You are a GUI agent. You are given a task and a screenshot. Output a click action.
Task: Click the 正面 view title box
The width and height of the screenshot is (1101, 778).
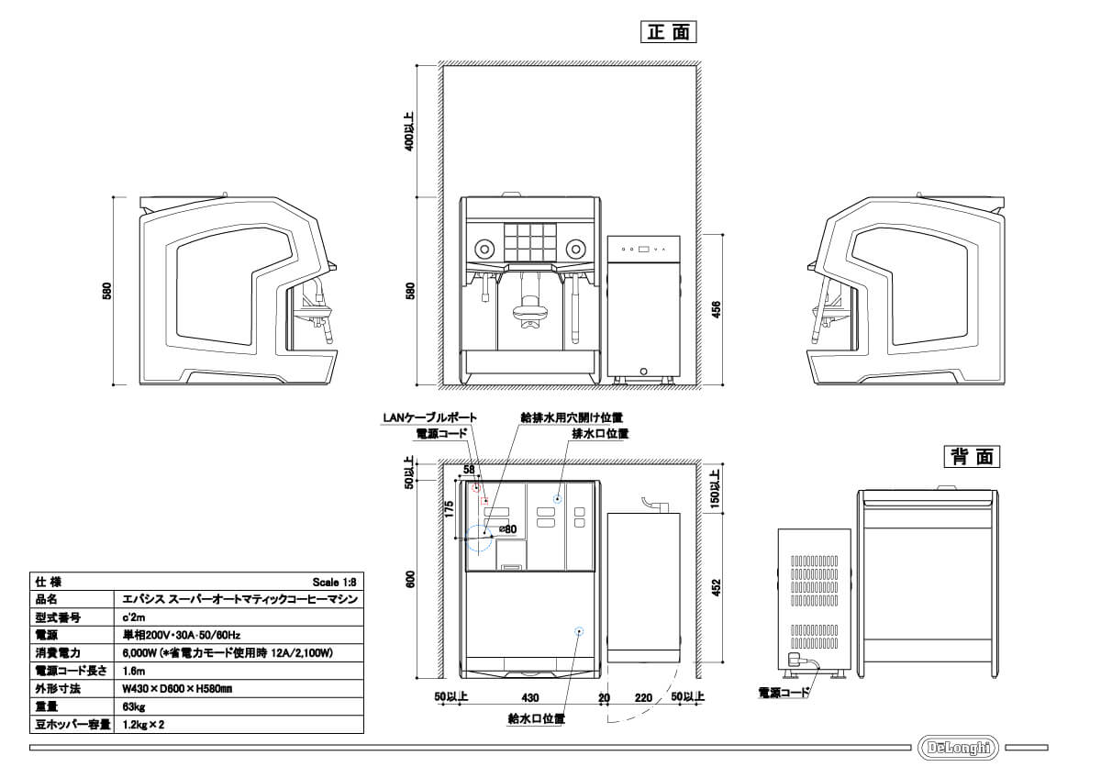coord(668,32)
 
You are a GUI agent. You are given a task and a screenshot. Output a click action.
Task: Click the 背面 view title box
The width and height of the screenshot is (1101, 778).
coord(972,457)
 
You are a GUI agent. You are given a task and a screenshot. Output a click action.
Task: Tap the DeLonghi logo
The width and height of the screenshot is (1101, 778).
coord(958,748)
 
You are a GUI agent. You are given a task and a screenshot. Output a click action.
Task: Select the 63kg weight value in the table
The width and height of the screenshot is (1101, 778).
coord(134,706)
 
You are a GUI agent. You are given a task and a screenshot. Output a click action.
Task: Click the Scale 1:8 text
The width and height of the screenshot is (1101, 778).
coord(334,583)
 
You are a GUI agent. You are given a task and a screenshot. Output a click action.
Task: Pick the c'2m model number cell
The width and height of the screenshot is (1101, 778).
coord(134,617)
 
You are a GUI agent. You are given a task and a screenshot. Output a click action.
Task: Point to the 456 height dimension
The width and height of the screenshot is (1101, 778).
coord(717,309)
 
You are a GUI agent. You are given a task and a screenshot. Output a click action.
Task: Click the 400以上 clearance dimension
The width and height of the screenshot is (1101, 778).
coord(409,132)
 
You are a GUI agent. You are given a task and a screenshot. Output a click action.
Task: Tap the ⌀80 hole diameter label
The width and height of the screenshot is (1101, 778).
coord(507,528)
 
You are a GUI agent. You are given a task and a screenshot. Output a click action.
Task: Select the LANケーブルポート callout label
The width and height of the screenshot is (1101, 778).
coord(429,417)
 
